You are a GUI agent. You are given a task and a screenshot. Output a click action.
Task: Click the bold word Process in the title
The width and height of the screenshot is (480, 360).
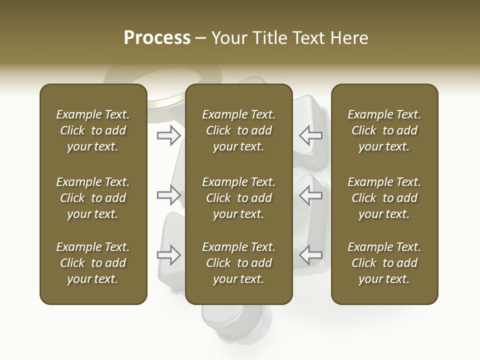coord(157,38)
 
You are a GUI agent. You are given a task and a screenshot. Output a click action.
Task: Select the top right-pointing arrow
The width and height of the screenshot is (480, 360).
coord(168,135)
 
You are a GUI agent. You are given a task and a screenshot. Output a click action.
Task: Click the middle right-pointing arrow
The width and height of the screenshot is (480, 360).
coord(168,195)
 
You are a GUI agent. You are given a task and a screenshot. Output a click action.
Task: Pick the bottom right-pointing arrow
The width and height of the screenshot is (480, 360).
coord(168,255)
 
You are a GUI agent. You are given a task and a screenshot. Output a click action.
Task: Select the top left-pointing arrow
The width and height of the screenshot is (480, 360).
coord(311,135)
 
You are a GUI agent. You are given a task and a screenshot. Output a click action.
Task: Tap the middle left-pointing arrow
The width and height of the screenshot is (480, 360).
coord(311,195)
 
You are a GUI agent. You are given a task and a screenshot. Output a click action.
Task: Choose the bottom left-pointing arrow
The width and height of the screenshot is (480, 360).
coord(311,255)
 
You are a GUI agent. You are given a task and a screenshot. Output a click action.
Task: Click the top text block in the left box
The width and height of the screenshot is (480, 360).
coord(93,130)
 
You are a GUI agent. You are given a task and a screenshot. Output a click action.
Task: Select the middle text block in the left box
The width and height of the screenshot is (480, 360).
coord(93,198)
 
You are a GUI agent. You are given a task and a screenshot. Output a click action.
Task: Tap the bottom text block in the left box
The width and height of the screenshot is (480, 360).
coord(93,263)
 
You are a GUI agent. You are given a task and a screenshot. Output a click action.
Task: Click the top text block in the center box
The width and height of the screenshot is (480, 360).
coord(238,130)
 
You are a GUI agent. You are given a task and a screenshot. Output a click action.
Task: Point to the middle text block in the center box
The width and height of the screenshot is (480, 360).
coord(238,198)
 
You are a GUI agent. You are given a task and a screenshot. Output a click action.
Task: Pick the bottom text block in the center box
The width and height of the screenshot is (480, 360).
coord(238,263)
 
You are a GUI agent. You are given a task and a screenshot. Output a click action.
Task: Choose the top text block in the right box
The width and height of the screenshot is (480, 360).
coord(384,130)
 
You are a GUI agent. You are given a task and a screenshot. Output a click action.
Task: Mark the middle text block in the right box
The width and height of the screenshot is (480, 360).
coord(384,198)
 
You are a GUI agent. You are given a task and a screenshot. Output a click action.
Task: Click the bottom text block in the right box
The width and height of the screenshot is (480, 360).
coord(384,263)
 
